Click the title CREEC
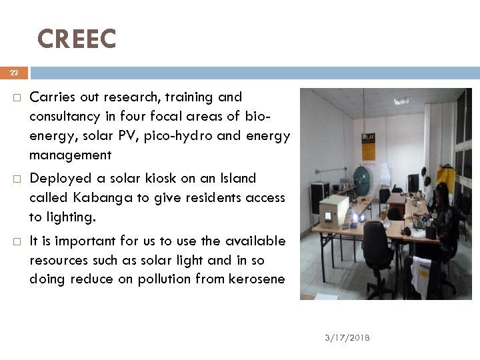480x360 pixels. [x=77, y=39]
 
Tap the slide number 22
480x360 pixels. [x=14, y=73]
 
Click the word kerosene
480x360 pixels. [x=249, y=279]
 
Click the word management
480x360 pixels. [x=70, y=155]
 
